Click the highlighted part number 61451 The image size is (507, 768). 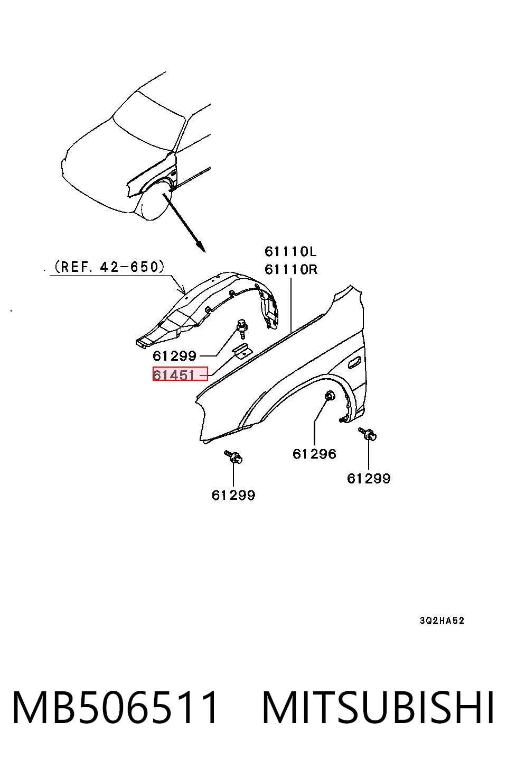[x=174, y=375]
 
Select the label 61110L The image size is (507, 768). [x=290, y=252]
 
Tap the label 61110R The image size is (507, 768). [x=291, y=269]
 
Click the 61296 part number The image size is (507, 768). [x=314, y=454]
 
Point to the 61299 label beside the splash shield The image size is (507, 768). [x=174, y=356]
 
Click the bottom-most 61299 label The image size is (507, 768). [x=233, y=495]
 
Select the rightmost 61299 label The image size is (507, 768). [x=369, y=478]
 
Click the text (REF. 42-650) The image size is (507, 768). [x=109, y=267]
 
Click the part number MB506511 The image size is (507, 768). [x=115, y=707]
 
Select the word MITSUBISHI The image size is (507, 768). [x=378, y=707]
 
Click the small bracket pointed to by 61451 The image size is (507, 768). [x=241, y=350]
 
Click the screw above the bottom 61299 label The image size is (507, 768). [x=234, y=456]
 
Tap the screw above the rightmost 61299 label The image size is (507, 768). [x=368, y=434]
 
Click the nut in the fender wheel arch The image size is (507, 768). [x=330, y=396]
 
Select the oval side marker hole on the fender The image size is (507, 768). [x=354, y=362]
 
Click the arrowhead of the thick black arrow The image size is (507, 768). [x=201, y=247]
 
